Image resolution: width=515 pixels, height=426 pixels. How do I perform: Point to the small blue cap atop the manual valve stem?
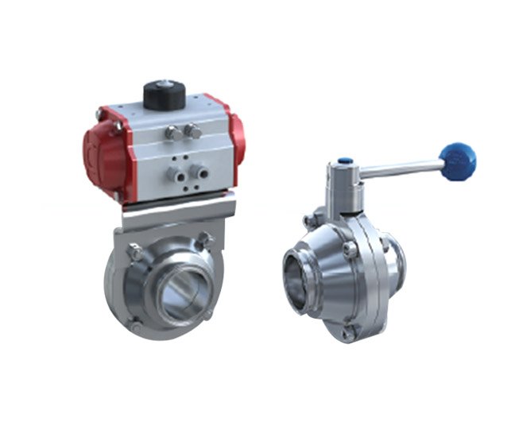pyautogui.click(x=344, y=161)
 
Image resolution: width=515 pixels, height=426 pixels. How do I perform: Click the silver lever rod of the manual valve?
pyautogui.click(x=397, y=168)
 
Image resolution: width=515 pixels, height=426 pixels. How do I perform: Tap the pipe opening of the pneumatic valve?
pyautogui.click(x=186, y=293)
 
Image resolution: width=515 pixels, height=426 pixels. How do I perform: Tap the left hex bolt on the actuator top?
pyautogui.click(x=172, y=134)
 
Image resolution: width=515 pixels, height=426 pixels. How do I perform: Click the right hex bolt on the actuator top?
pyautogui.click(x=192, y=130)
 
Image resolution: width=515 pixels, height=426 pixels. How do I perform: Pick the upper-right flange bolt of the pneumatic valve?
pyautogui.click(x=204, y=239)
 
